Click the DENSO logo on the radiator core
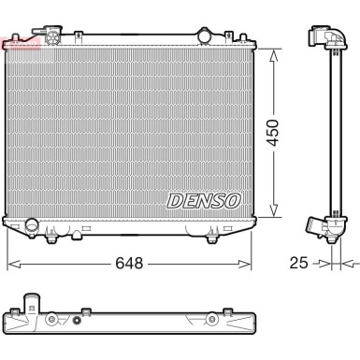[x=205, y=200]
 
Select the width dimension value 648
[x=129, y=264]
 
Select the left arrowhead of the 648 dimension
[x=11, y=264]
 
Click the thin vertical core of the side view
[x=327, y=131]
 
